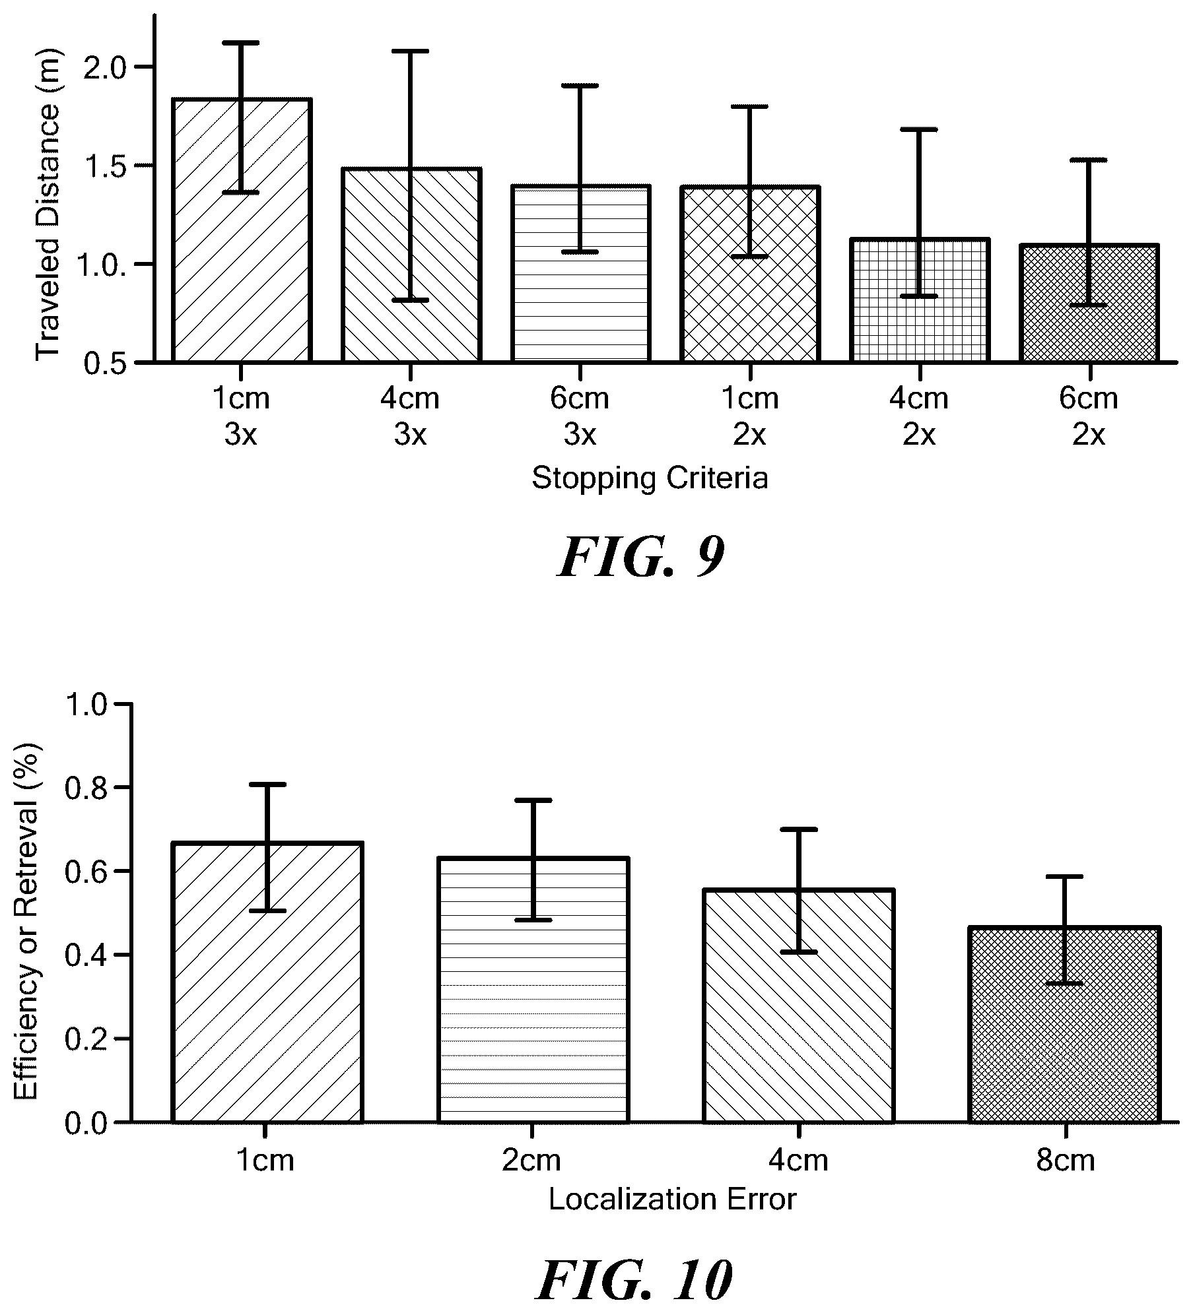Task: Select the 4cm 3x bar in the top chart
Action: (x=411, y=265)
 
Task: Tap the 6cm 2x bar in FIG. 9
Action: (x=1089, y=303)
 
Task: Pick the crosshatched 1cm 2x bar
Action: (x=750, y=274)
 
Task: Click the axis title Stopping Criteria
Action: (x=650, y=478)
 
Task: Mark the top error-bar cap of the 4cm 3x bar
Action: (x=410, y=51)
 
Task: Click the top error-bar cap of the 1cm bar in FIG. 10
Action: (x=267, y=785)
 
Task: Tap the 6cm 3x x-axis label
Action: (x=580, y=416)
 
